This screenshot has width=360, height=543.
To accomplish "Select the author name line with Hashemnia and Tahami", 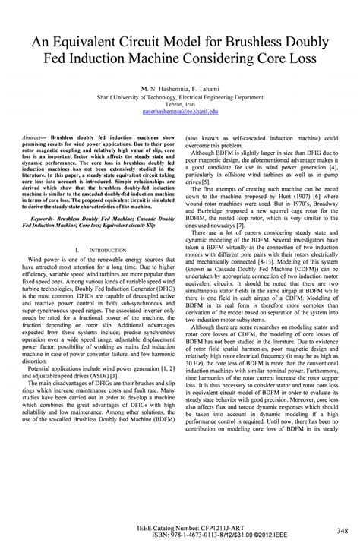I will [180, 89].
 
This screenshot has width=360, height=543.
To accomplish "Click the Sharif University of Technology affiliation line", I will [180, 98].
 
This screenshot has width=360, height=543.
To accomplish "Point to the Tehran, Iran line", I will [180, 105].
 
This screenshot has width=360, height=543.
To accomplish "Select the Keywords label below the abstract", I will [43, 216].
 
